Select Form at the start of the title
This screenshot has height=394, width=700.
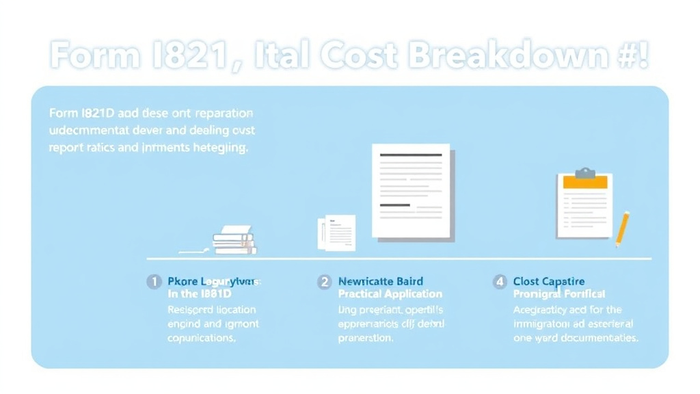tap(93, 56)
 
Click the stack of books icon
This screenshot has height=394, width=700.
tap(234, 240)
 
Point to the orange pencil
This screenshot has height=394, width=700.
tap(622, 228)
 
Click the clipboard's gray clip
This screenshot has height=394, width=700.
tap(584, 172)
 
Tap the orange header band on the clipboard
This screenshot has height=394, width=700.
tap(583, 182)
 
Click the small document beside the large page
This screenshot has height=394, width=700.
tap(340, 232)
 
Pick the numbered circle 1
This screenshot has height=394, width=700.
tap(154, 282)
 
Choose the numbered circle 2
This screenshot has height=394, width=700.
tap(324, 282)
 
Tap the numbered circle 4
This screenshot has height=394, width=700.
tap(500, 282)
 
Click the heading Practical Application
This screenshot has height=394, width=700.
tap(390, 294)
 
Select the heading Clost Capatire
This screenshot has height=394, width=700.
tap(549, 282)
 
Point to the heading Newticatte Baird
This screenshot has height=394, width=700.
tap(381, 282)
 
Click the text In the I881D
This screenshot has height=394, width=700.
tap(200, 294)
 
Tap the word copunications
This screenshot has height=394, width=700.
tap(202, 338)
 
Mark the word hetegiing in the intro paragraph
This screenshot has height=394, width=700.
tap(220, 147)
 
